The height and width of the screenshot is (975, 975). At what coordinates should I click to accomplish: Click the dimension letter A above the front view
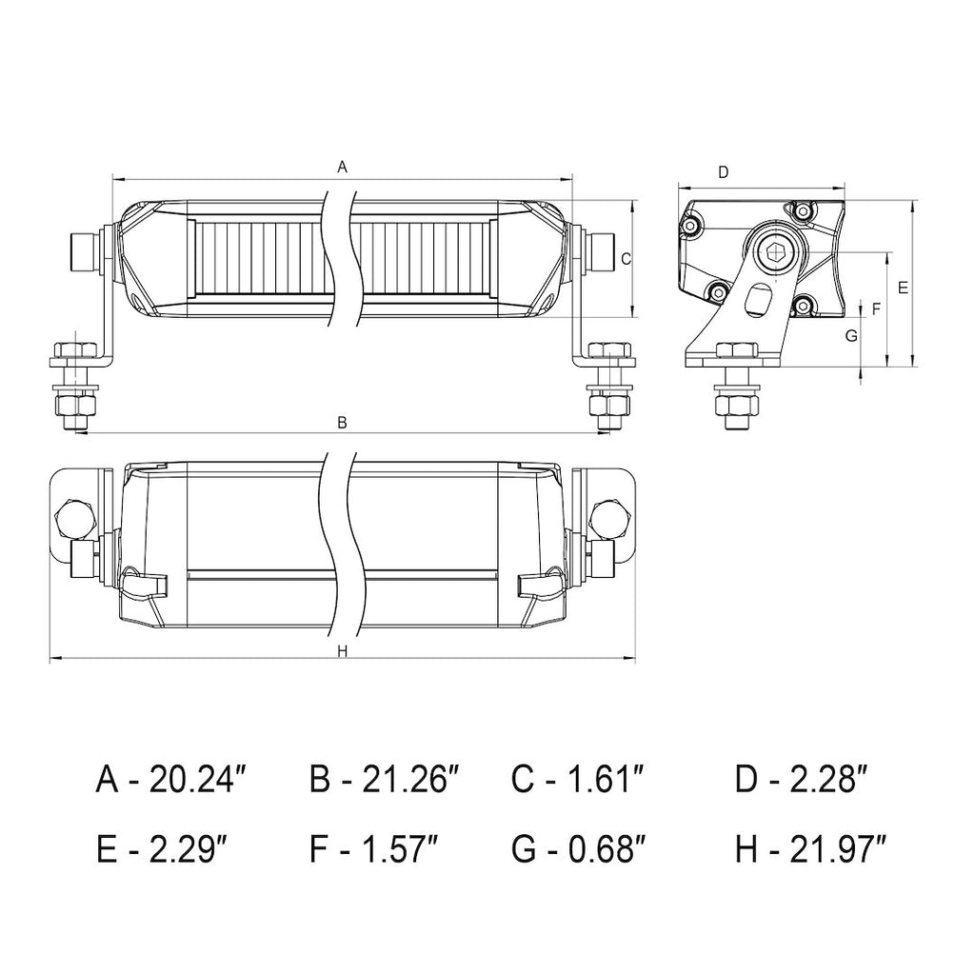coord(342,168)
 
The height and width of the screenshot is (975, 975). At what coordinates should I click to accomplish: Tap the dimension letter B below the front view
coord(342,423)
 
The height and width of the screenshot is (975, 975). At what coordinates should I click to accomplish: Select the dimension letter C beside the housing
coord(627,259)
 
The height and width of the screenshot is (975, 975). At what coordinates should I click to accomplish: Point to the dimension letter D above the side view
coord(723,172)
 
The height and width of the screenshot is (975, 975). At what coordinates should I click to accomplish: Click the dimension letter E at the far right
coord(904,288)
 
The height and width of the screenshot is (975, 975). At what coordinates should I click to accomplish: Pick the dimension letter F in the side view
coord(877,308)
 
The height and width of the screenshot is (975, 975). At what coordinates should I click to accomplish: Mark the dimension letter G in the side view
coord(852,336)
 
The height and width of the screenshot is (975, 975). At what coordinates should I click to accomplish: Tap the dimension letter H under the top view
coord(342,651)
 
